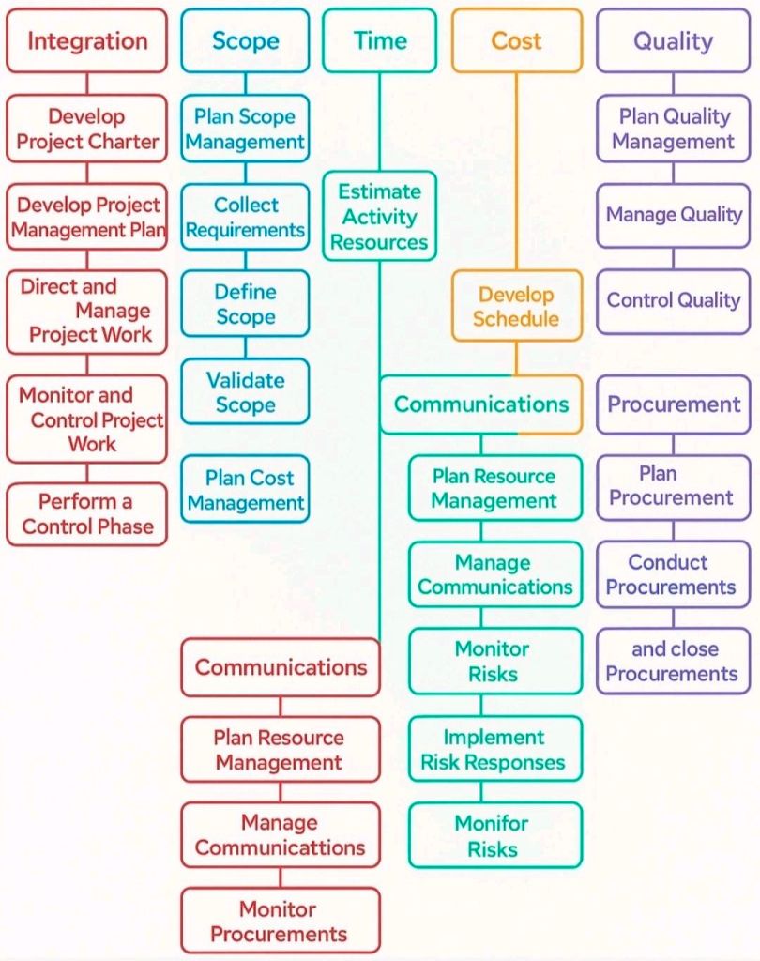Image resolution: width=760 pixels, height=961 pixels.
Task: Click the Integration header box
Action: coord(86,41)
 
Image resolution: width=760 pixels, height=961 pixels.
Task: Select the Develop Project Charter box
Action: coord(86,130)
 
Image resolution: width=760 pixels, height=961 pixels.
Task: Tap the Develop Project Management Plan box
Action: coord(86,217)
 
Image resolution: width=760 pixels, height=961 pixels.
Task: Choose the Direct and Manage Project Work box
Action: coord(86,312)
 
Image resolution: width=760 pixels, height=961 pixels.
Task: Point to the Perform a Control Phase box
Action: coord(86,514)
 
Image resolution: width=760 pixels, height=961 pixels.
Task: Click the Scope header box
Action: coord(245,41)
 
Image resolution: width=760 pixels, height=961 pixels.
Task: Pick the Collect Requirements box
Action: coord(245,217)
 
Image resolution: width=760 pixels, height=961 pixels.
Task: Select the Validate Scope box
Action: coord(245,392)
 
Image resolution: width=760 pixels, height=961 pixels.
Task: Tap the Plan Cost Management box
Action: coord(245,490)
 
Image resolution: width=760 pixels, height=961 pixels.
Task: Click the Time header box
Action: coord(379,41)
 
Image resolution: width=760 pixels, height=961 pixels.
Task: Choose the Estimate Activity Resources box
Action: coord(379,217)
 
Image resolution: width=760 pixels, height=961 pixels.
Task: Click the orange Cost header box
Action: coord(516,41)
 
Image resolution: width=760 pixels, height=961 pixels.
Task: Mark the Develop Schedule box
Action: coord(516,307)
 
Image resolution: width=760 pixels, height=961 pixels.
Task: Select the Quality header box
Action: coord(673,41)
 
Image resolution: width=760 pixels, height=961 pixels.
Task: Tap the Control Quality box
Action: coord(673,301)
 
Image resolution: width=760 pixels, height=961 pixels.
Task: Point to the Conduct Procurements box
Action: coord(673,574)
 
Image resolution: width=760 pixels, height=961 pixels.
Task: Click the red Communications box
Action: coord(281,667)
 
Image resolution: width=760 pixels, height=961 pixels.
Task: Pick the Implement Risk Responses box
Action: coord(494,749)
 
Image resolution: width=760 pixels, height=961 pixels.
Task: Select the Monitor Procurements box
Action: coord(281,921)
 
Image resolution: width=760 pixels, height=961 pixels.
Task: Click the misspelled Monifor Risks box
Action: coord(494,835)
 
